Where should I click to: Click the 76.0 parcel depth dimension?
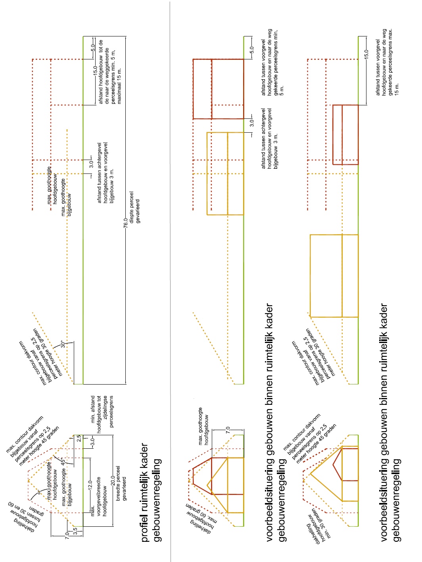(x=126, y=223)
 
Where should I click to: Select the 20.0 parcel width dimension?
(x=113, y=480)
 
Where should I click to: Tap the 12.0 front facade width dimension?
(x=90, y=484)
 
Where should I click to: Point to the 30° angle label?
(x=62, y=344)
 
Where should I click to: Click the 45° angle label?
(x=62, y=461)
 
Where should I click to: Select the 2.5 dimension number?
(x=79, y=438)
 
